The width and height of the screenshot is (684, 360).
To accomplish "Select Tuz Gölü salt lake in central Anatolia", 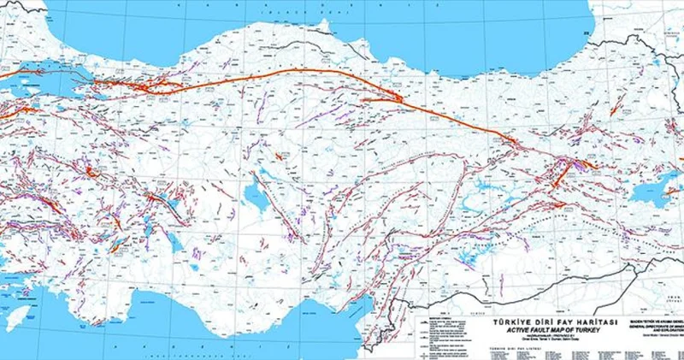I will pyautogui.click(x=255, y=198).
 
